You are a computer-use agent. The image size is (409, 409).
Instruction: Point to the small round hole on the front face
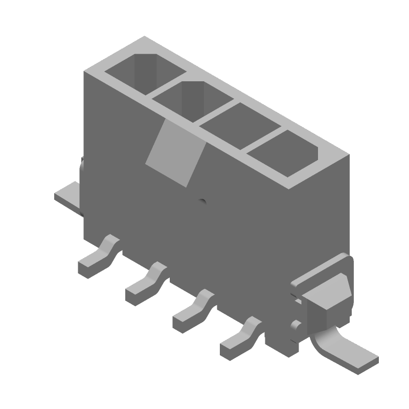point(202,201)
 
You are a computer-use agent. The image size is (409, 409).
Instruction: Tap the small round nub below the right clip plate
point(294,325)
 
